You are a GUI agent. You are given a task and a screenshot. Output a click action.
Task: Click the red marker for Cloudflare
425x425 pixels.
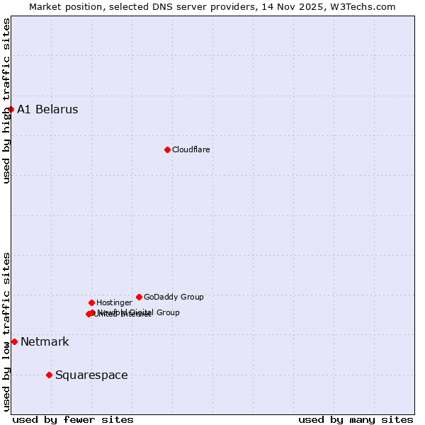(x=167, y=149)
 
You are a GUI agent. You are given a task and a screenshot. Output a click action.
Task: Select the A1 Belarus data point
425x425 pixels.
(x=11, y=109)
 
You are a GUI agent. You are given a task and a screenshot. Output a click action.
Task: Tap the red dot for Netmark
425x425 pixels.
(x=14, y=341)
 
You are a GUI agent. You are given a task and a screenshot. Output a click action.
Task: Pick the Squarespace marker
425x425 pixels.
(x=49, y=375)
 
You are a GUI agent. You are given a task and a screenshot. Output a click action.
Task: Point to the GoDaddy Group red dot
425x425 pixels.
(x=139, y=297)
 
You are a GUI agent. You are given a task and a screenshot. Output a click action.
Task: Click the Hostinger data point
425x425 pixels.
(x=91, y=302)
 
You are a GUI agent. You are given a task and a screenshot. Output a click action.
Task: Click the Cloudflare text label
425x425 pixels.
(x=191, y=149)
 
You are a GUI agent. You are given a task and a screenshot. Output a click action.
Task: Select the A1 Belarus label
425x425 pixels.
(x=47, y=109)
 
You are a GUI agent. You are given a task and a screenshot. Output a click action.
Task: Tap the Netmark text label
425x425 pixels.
(x=45, y=341)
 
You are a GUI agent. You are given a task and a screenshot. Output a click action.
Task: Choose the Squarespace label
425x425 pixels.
(x=91, y=375)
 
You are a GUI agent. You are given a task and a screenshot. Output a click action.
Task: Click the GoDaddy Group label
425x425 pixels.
(x=174, y=297)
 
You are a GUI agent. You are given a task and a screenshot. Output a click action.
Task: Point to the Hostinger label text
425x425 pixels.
(x=114, y=302)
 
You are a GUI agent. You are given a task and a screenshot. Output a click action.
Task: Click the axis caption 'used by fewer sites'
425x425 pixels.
(x=73, y=419)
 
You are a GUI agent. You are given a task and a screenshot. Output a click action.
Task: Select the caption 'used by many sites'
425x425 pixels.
(x=356, y=419)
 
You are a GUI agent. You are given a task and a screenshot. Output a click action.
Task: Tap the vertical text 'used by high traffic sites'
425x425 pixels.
(x=6, y=101)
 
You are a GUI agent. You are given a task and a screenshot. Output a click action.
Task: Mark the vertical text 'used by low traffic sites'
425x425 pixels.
(x=6, y=331)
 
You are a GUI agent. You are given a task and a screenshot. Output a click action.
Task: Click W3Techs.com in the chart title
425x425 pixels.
(x=365, y=6)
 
